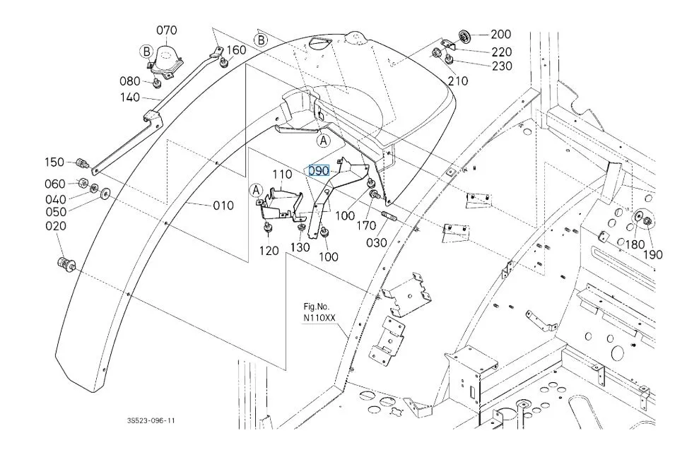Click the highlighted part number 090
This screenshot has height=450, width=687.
pos(319,170)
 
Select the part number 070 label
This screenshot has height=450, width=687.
pos(167,30)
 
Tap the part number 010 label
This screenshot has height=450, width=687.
pos(223,206)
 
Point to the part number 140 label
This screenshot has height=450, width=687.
pos(130,97)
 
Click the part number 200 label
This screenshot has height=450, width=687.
pos(501,34)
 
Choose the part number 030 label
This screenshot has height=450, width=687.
pos(376,242)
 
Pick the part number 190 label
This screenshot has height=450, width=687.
pos(653,254)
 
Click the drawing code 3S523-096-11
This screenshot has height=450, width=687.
pos(151,420)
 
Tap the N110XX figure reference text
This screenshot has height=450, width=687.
pos(319,318)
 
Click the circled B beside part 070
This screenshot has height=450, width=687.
pos(146,51)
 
